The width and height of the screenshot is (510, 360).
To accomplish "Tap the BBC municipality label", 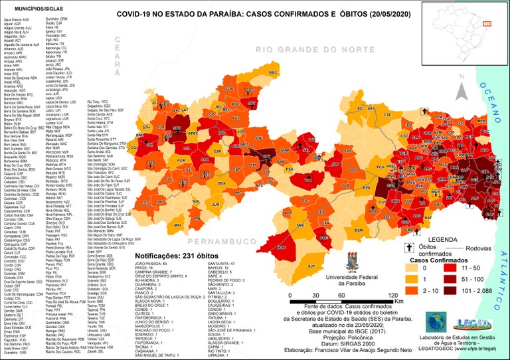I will pyautogui.click(x=273, y=72).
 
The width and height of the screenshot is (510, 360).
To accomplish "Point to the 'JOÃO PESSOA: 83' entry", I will pyautogui.click(x=153, y=282).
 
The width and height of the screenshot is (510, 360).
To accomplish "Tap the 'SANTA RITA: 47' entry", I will pyautogui.click(x=212, y=282).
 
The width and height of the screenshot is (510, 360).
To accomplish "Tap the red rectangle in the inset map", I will pyautogui.click(x=487, y=22).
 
